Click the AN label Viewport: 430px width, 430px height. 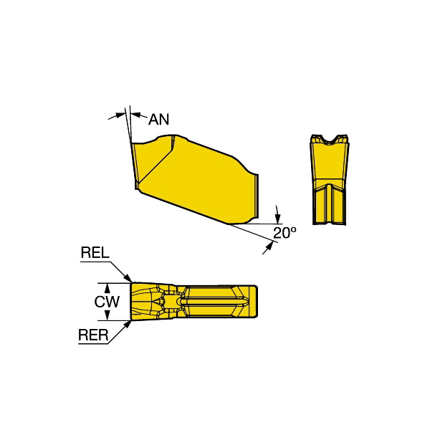pos(159,119)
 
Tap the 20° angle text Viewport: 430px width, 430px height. pos(284,233)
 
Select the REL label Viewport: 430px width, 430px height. pos(95,252)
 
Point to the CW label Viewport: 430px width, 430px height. pos(107,302)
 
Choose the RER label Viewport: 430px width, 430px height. pos(93,334)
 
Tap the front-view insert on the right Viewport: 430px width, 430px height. pos(331,183)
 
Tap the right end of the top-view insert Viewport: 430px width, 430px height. pos(254,301)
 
